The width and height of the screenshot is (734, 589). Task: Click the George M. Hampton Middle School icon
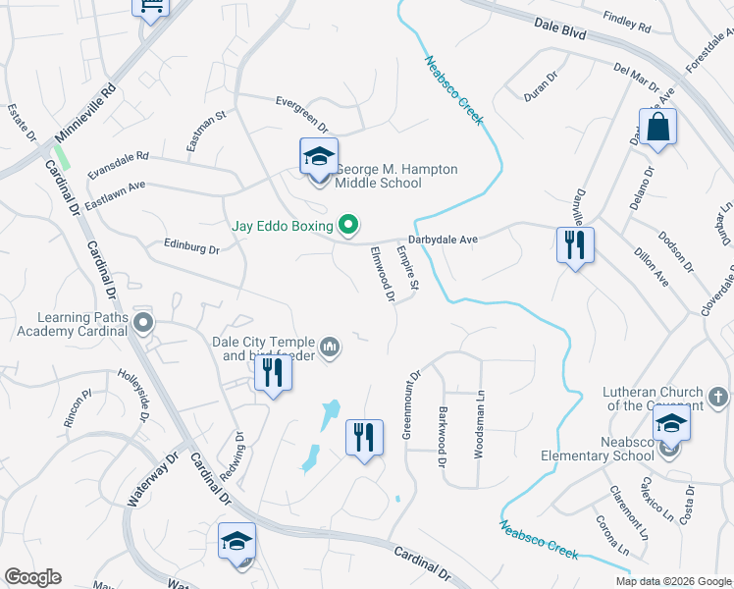[x=319, y=158]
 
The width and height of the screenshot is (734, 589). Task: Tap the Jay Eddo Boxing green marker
[x=347, y=226]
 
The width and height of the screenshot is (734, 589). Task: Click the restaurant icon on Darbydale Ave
[x=574, y=245]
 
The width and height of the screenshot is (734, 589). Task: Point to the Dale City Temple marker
[x=331, y=347]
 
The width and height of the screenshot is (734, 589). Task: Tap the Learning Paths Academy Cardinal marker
[x=144, y=322]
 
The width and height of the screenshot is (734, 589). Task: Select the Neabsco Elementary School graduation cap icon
[x=671, y=425]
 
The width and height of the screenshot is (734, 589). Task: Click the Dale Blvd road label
[x=560, y=32]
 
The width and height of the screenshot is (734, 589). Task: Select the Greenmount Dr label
[x=410, y=404]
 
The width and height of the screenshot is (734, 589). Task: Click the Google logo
[x=32, y=577]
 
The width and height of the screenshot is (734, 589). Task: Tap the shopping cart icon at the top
[x=151, y=7]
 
